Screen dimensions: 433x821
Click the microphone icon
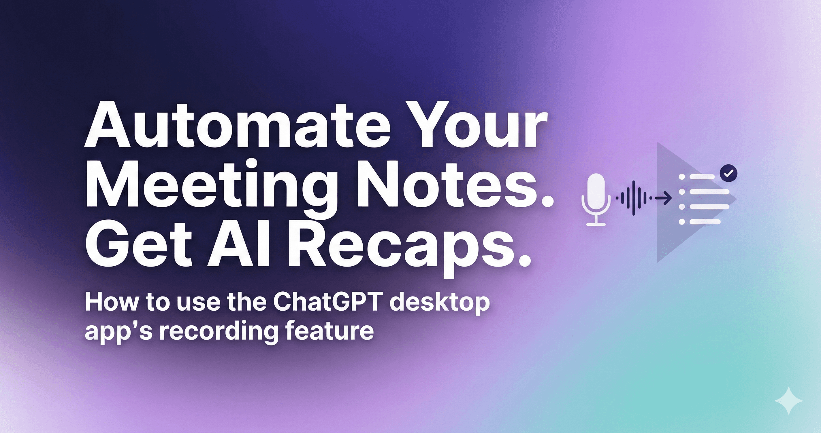pos(596,199)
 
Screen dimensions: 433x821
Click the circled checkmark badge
pos(728,173)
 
